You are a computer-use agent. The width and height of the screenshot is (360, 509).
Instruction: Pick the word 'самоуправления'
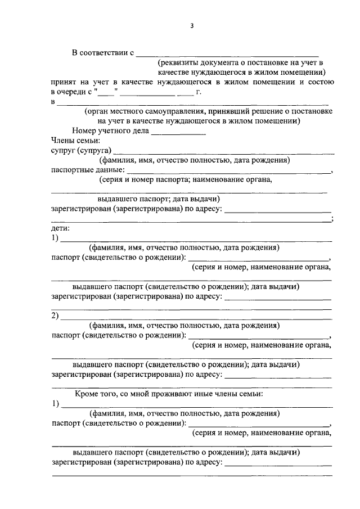coord(161,111)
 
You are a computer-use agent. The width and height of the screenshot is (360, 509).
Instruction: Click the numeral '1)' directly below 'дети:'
coord(55,238)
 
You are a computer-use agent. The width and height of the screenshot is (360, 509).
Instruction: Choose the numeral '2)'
coord(55,316)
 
